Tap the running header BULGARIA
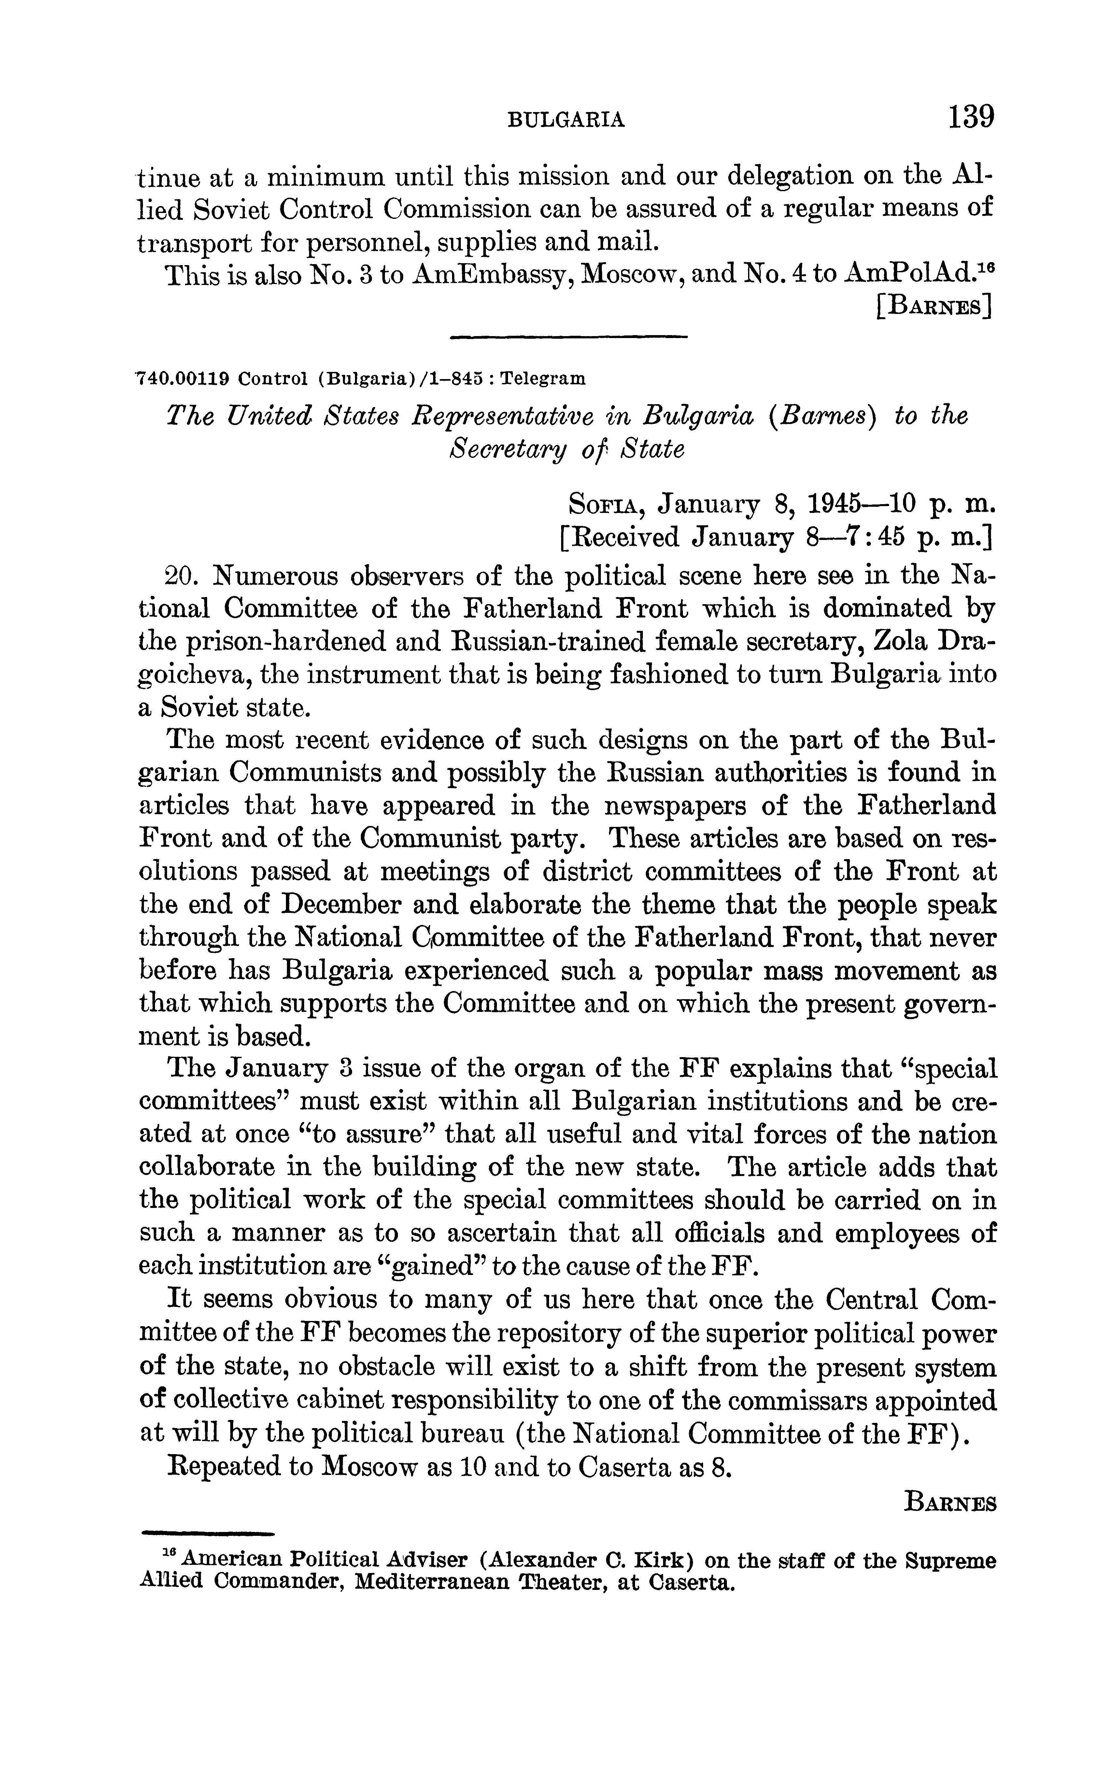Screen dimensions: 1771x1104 [566, 120]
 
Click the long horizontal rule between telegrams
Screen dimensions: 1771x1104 [570, 336]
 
